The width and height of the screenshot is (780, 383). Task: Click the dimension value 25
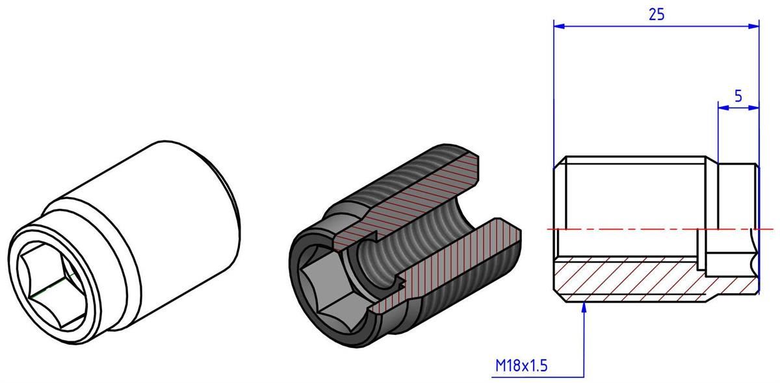click(x=656, y=14)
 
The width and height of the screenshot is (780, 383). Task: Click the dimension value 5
click(x=738, y=96)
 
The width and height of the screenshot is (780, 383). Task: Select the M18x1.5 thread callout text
click(x=521, y=365)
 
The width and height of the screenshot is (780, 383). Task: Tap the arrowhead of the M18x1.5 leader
click(x=584, y=308)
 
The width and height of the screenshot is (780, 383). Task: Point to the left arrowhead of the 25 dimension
click(x=559, y=26)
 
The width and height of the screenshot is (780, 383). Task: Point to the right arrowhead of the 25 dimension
click(x=753, y=26)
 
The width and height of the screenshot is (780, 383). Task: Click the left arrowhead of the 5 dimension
click(x=724, y=108)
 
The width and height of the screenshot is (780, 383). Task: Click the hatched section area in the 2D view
click(x=644, y=279)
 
